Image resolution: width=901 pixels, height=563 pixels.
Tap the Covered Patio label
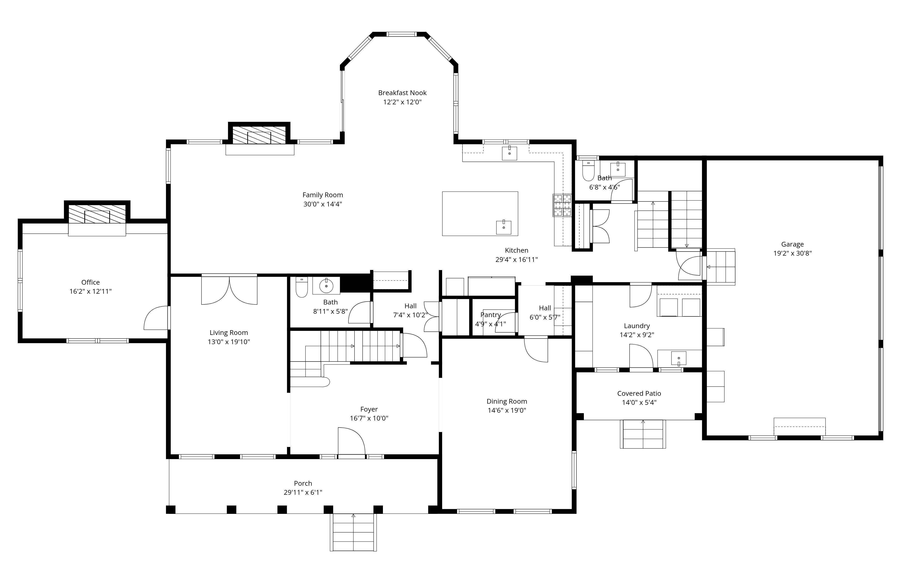(639, 393)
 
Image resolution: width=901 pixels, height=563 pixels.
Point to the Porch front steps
(353, 533)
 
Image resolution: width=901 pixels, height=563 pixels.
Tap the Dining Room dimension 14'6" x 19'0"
(507, 411)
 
